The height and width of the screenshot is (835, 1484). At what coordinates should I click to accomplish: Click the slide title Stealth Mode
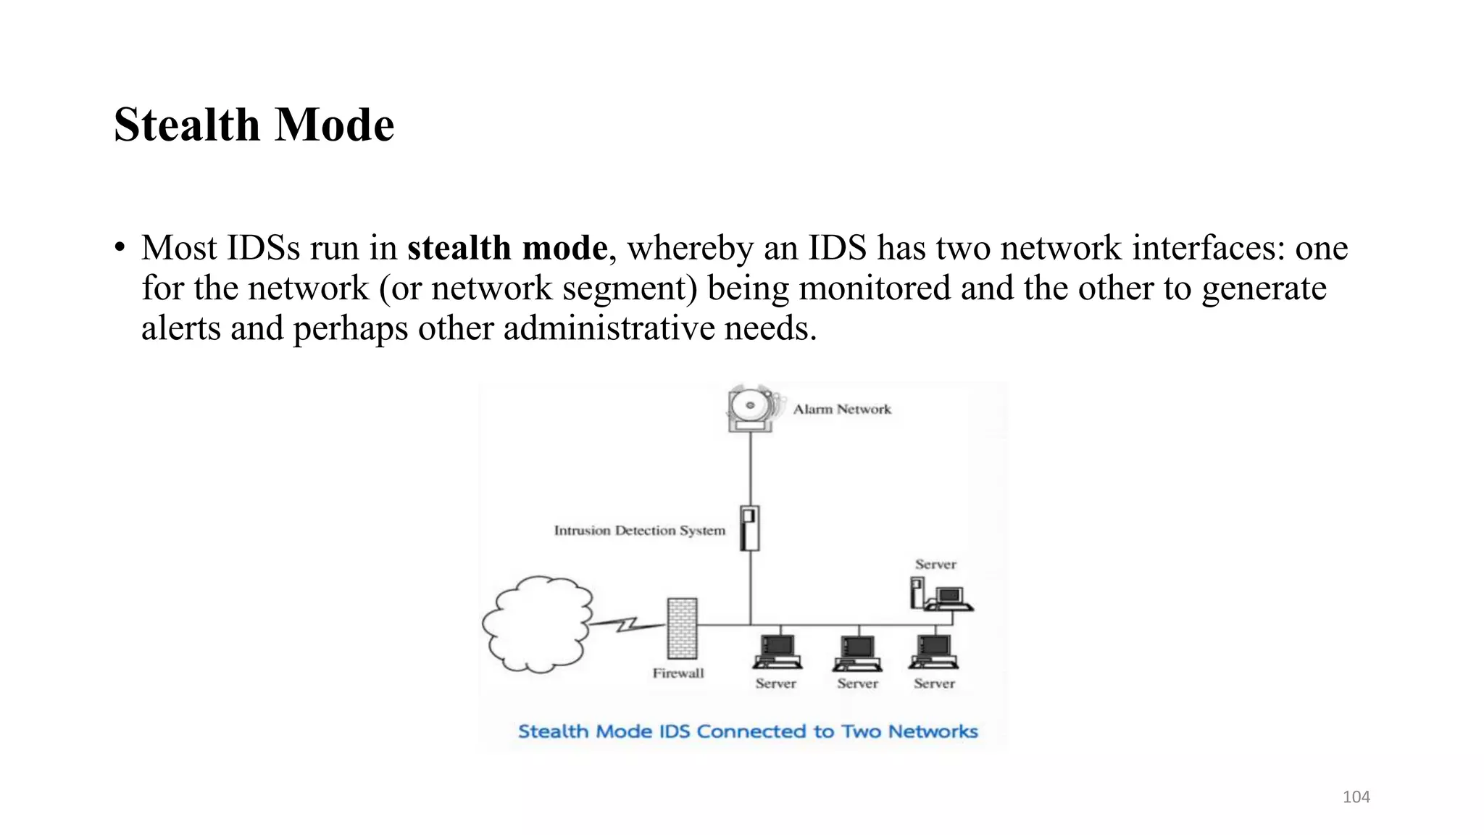click(x=254, y=125)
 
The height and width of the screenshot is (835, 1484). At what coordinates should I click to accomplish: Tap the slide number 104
click(x=1356, y=797)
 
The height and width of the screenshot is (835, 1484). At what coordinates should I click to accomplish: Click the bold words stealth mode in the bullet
click(x=507, y=248)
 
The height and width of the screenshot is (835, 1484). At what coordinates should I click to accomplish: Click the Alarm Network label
click(x=842, y=410)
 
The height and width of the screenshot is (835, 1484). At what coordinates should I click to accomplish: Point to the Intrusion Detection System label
click(x=639, y=531)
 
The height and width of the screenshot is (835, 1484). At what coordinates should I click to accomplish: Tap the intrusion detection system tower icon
click(x=750, y=528)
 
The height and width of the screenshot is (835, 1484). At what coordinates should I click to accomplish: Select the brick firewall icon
click(x=682, y=628)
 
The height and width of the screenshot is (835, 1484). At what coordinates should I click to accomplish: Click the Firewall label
click(x=678, y=673)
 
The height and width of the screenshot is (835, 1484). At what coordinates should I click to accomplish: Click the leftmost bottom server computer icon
click(x=777, y=652)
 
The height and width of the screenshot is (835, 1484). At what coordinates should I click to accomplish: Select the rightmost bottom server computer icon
click(x=934, y=652)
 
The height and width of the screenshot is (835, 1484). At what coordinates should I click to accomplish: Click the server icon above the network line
click(x=941, y=595)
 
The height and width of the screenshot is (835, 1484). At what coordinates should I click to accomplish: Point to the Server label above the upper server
click(x=935, y=565)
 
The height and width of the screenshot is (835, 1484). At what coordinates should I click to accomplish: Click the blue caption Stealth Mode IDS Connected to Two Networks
click(x=748, y=731)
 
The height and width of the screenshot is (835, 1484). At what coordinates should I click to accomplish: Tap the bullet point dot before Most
click(x=120, y=248)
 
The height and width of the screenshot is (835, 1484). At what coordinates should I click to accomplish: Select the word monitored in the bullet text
click(x=875, y=288)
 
